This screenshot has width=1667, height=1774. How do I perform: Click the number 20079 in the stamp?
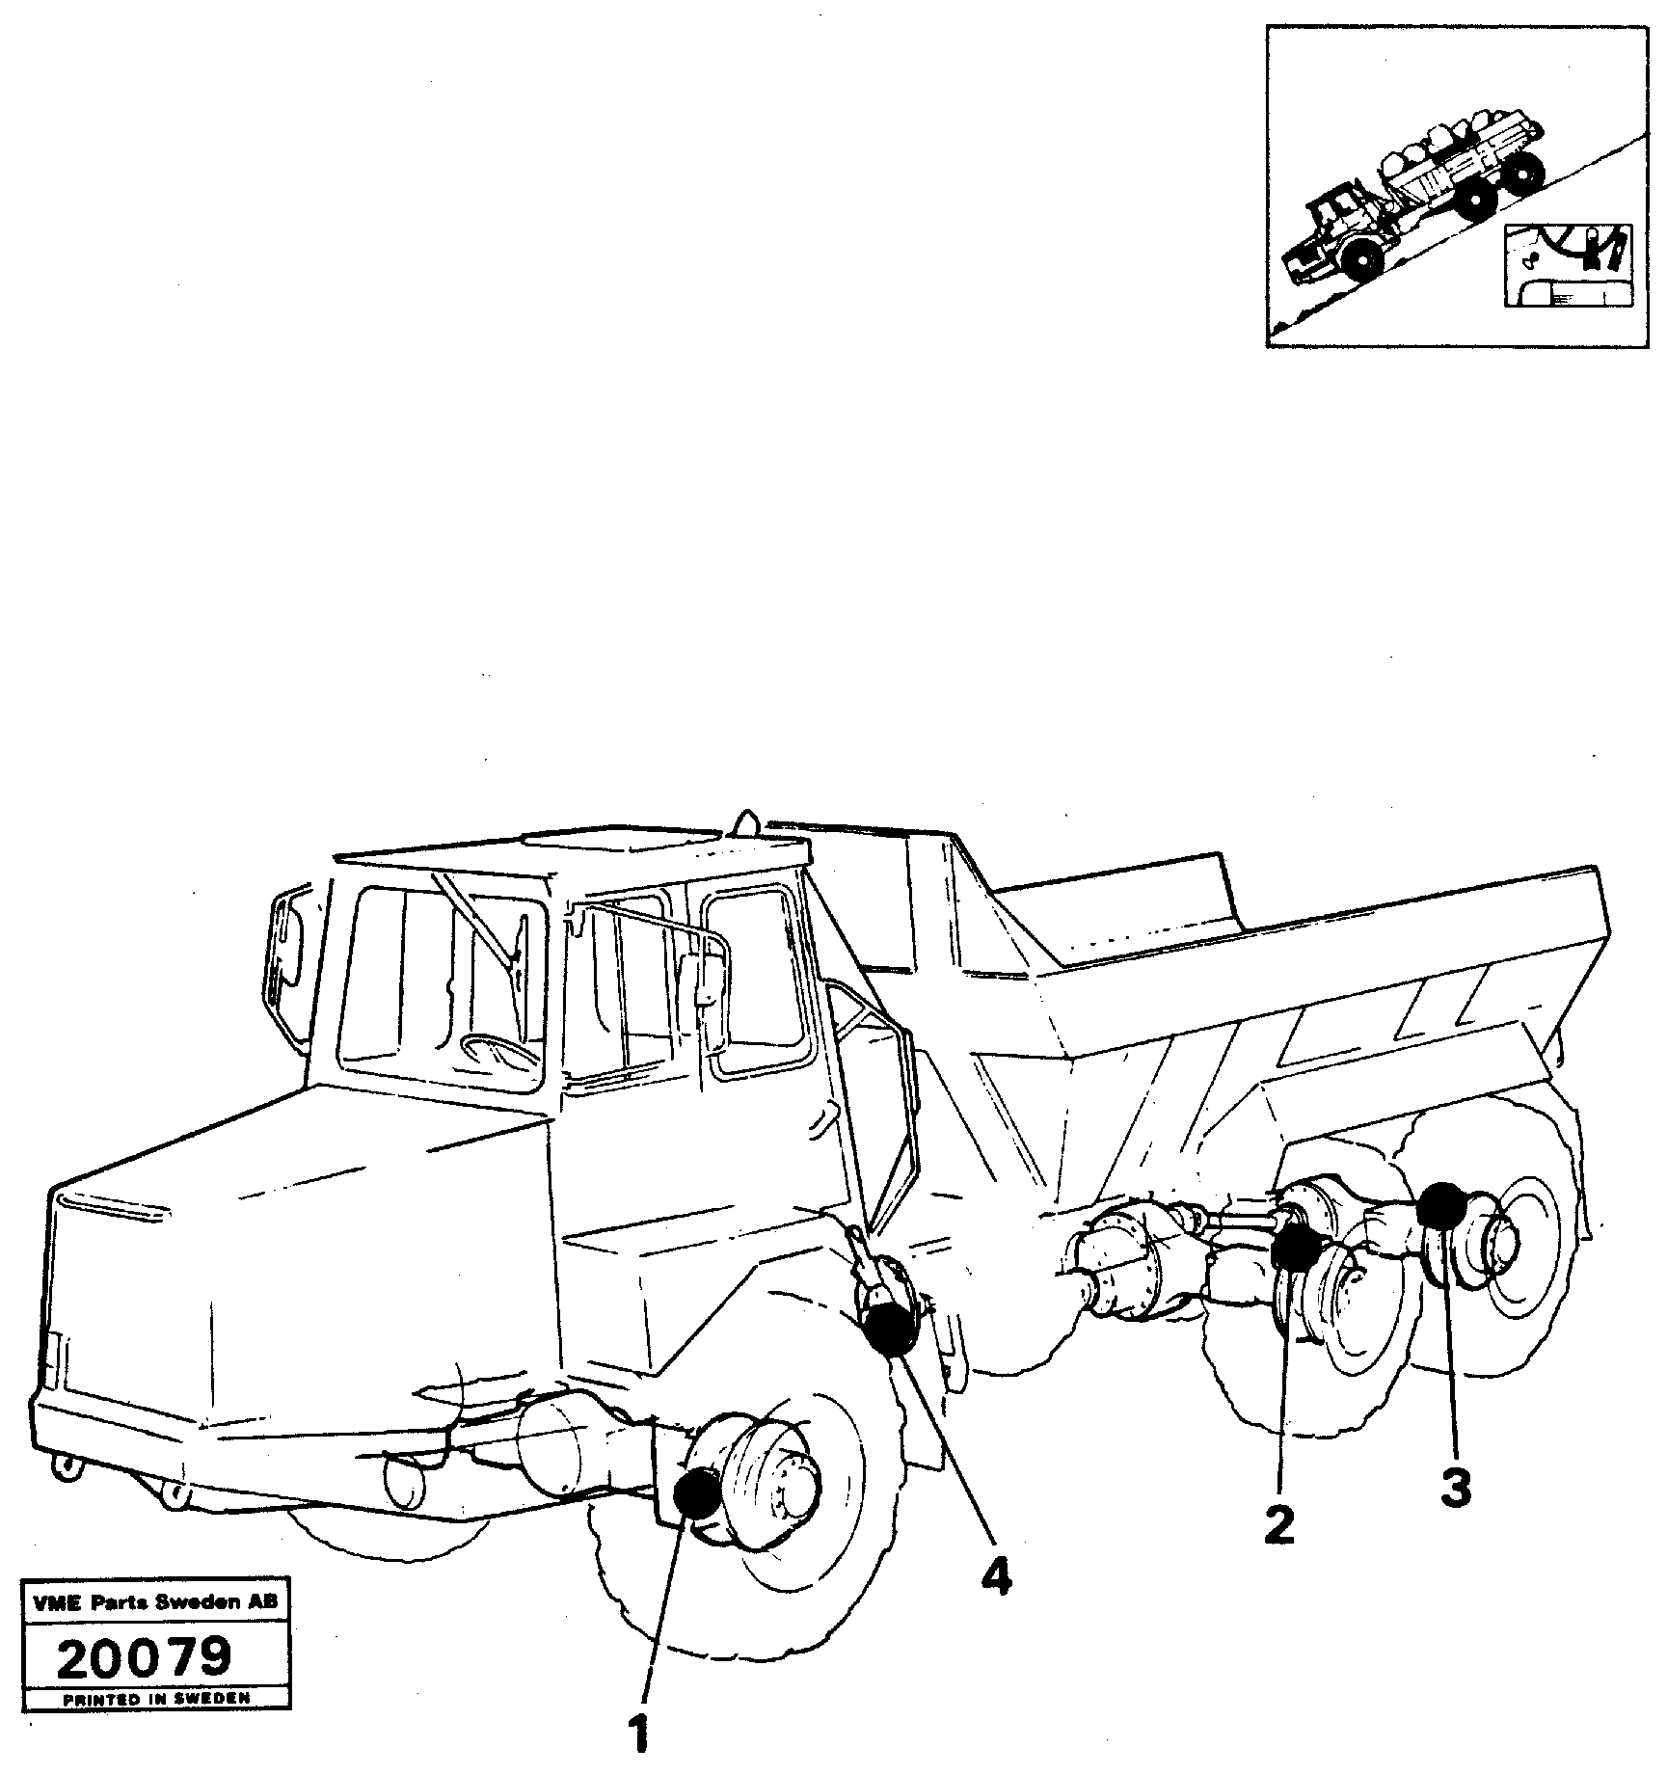145,1657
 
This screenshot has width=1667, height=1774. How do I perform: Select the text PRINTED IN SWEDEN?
156,1700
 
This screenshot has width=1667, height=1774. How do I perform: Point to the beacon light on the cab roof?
744,821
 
